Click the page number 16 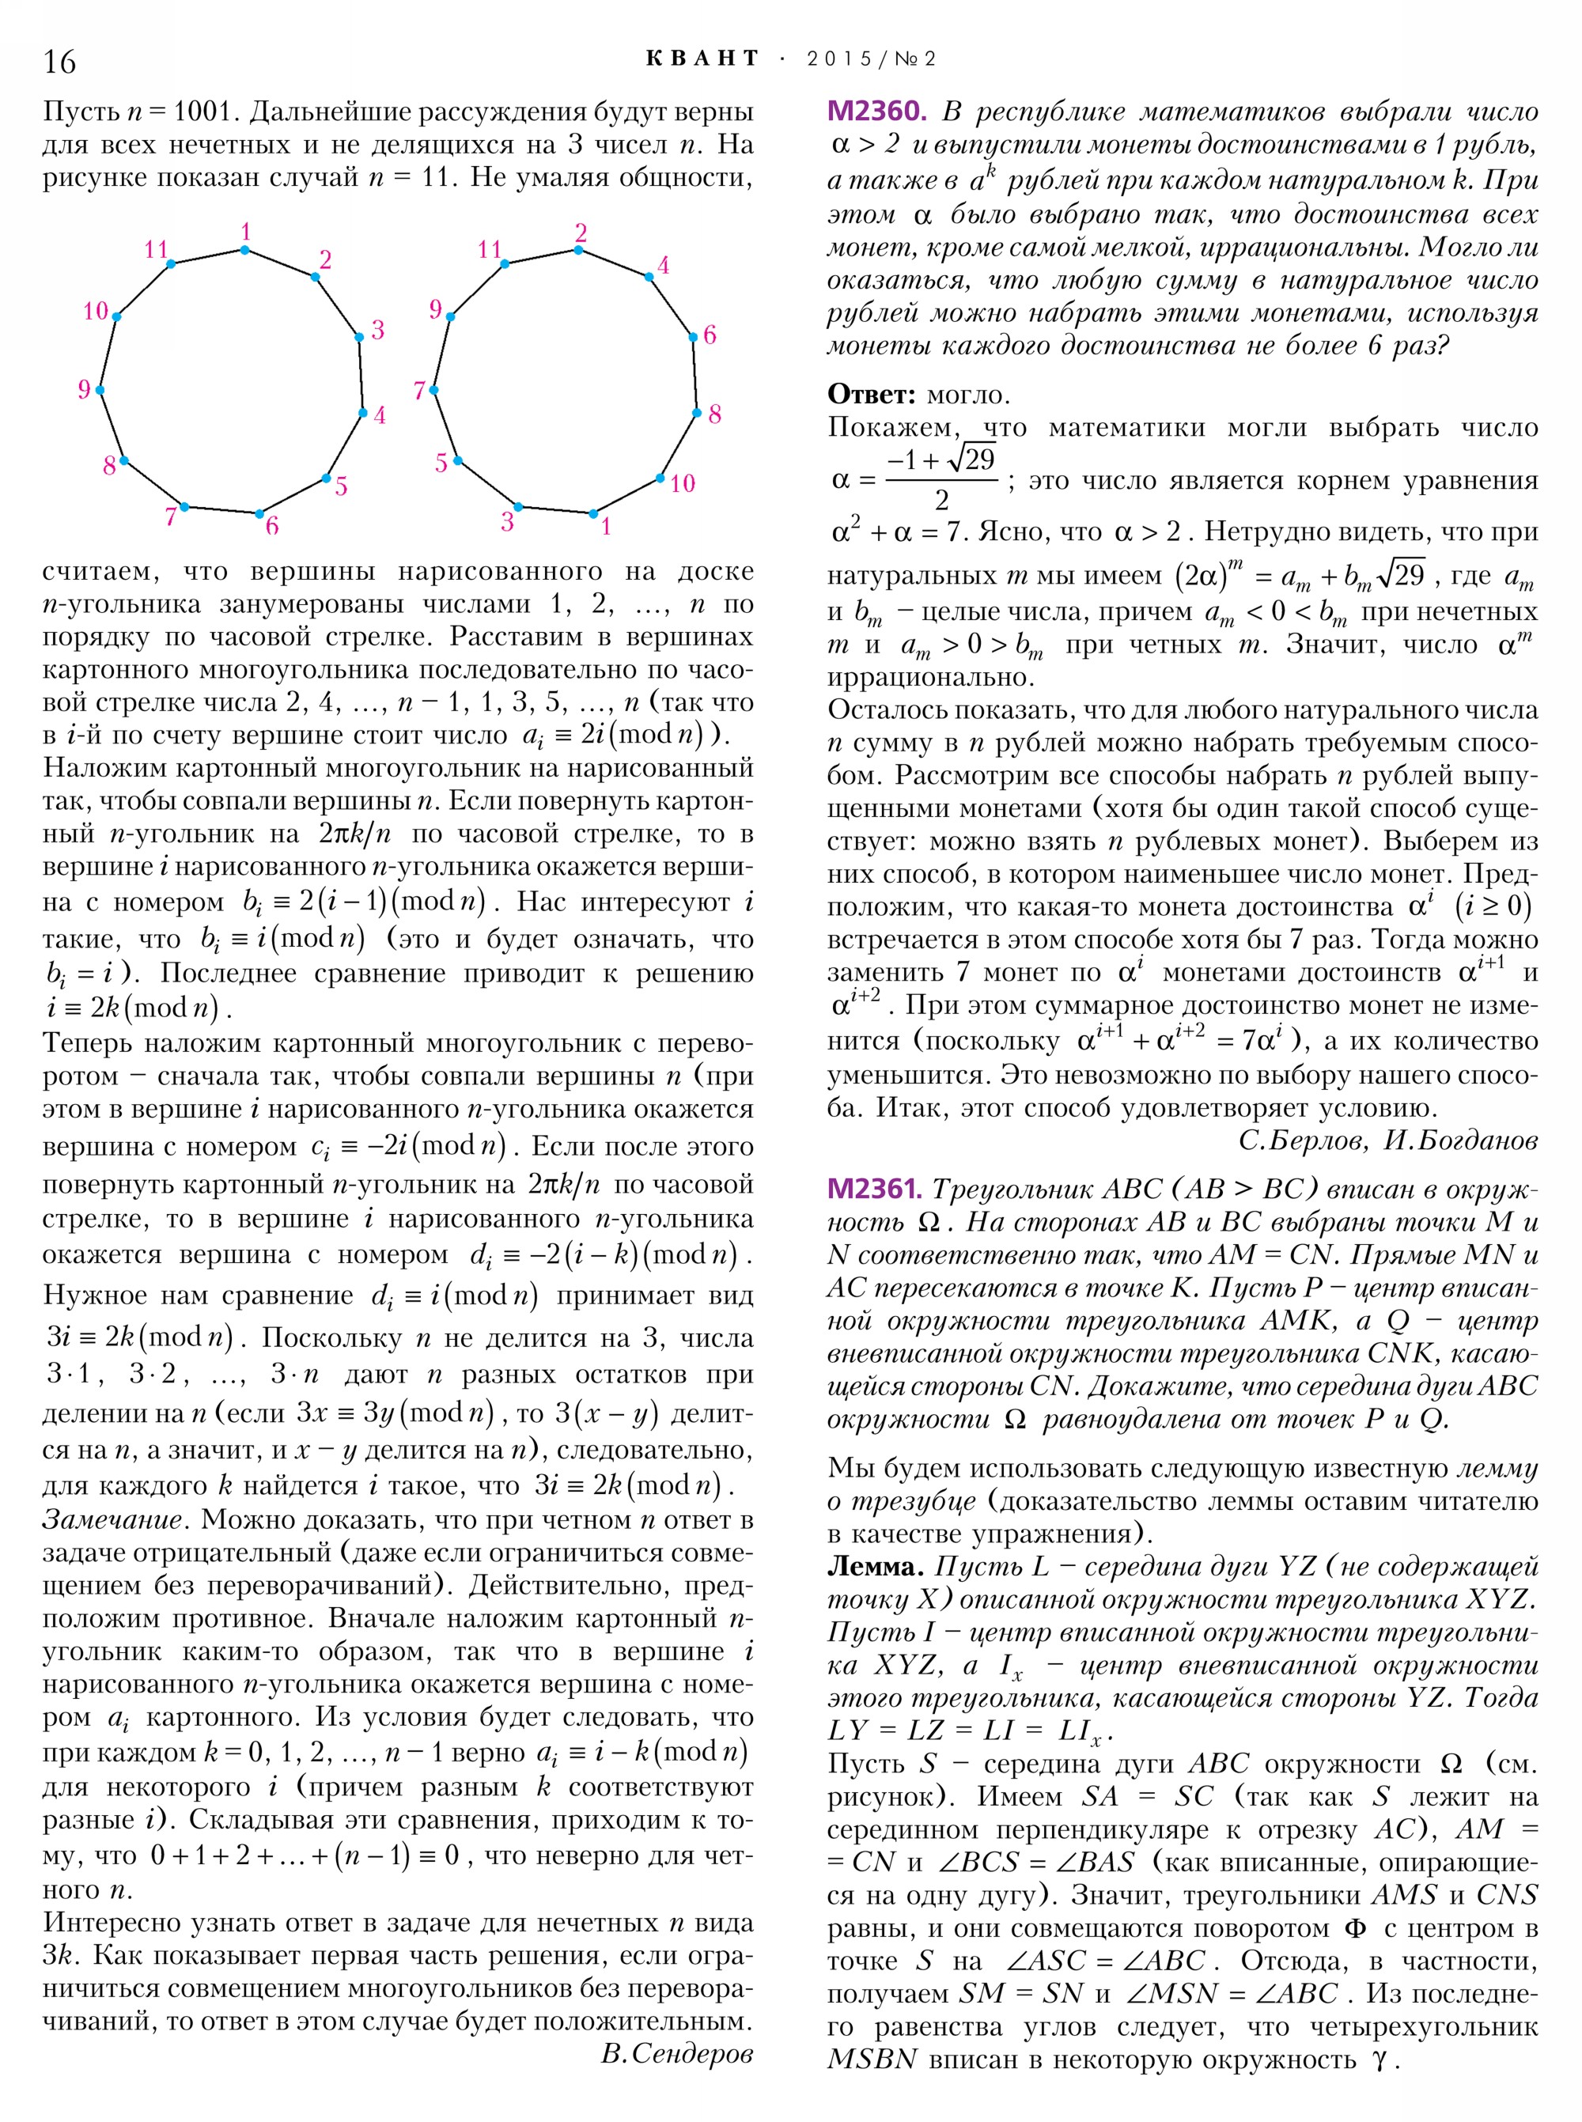(59, 61)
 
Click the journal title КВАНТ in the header (702, 59)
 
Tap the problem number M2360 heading (876, 112)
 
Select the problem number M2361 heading (874, 1189)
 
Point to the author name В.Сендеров (677, 2053)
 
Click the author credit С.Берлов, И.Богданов (1387, 1140)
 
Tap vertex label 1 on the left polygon (246, 232)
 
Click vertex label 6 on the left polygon (272, 524)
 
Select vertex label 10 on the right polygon (682, 482)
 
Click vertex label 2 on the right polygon (581, 233)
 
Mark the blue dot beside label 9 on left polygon (100, 390)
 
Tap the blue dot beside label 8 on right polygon (696, 413)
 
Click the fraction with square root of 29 (941, 477)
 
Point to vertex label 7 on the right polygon (419, 390)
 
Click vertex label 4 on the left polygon (379, 415)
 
